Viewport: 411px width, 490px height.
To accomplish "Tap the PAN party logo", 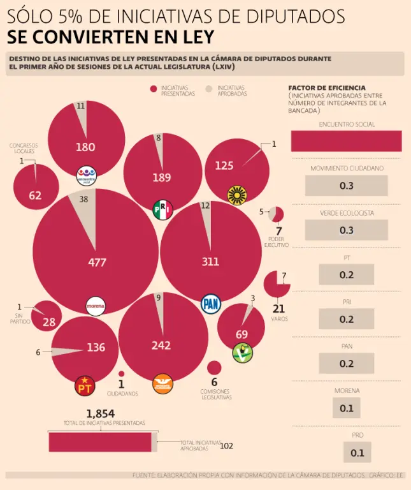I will point(210,304).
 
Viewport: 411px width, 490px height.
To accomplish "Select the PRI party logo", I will point(162,209).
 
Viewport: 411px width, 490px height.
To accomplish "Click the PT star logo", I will point(84,385).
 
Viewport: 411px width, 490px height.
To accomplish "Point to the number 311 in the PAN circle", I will point(210,262).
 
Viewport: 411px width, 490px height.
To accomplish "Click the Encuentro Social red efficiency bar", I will point(346,141).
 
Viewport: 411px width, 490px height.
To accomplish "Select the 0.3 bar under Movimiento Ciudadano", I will point(346,186).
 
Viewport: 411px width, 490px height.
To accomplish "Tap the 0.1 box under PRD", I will point(357,453).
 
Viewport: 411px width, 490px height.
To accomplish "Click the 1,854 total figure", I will point(101,413).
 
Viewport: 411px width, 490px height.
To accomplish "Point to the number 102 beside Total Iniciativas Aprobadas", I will point(226,446).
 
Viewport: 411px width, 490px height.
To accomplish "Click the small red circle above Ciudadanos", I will point(121,374).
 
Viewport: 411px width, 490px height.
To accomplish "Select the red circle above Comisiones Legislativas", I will point(214,367).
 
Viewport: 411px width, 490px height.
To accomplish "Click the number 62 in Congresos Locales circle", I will point(35,195).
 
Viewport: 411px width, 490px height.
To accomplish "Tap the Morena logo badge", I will point(95,306).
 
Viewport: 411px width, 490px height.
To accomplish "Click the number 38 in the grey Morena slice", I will point(83,199).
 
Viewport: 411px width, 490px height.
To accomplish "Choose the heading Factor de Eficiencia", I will point(327,87).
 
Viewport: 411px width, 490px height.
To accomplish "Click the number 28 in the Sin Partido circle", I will point(49,322).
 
